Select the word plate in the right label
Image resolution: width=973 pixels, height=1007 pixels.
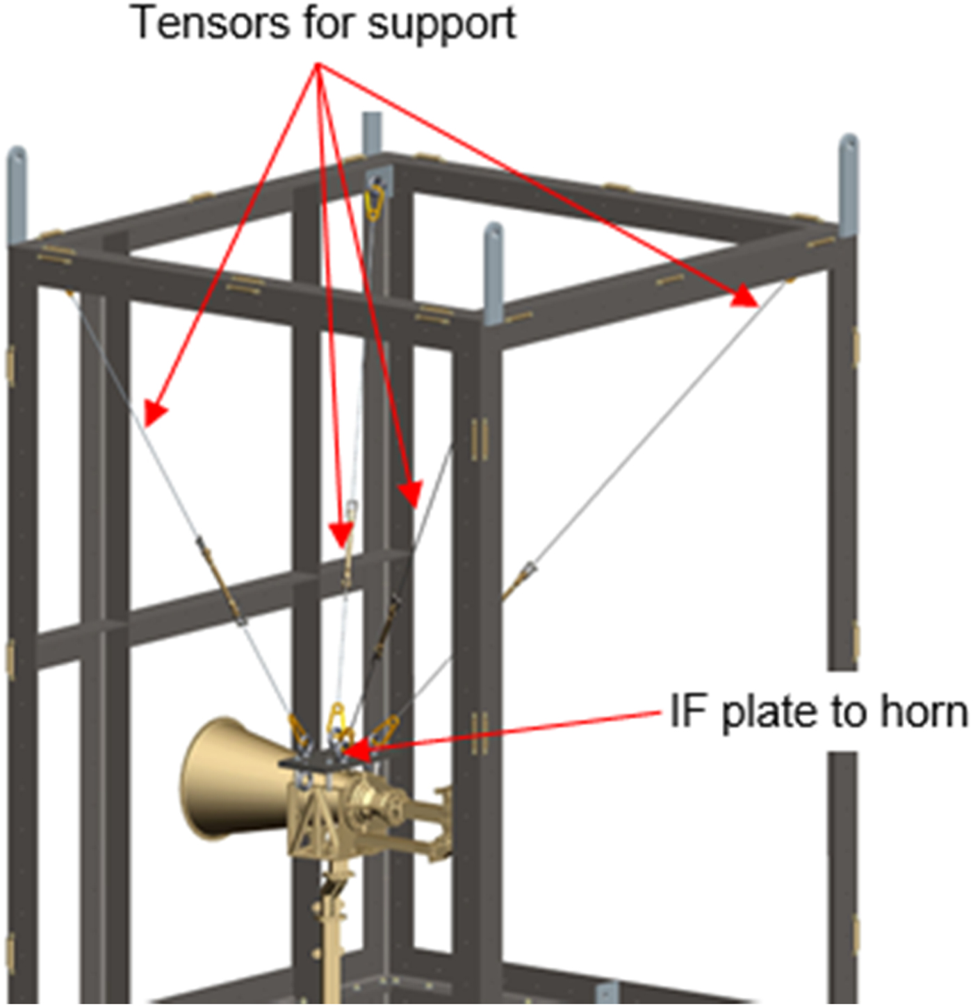[768, 713]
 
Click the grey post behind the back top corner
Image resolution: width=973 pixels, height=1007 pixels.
[372, 132]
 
